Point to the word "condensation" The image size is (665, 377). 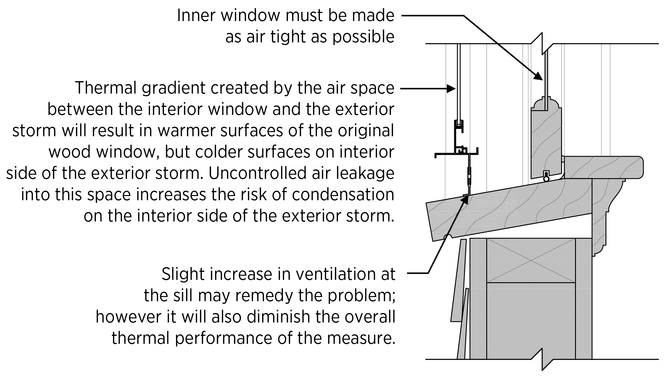[x=343, y=195]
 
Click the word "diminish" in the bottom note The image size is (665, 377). [x=278, y=317]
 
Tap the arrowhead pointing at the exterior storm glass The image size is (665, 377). [x=451, y=88]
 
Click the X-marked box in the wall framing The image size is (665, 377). [x=531, y=260]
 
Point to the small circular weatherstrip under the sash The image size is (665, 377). [x=546, y=179]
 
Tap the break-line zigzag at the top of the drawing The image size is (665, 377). [x=542, y=44]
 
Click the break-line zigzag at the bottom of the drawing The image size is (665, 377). [x=542, y=359]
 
